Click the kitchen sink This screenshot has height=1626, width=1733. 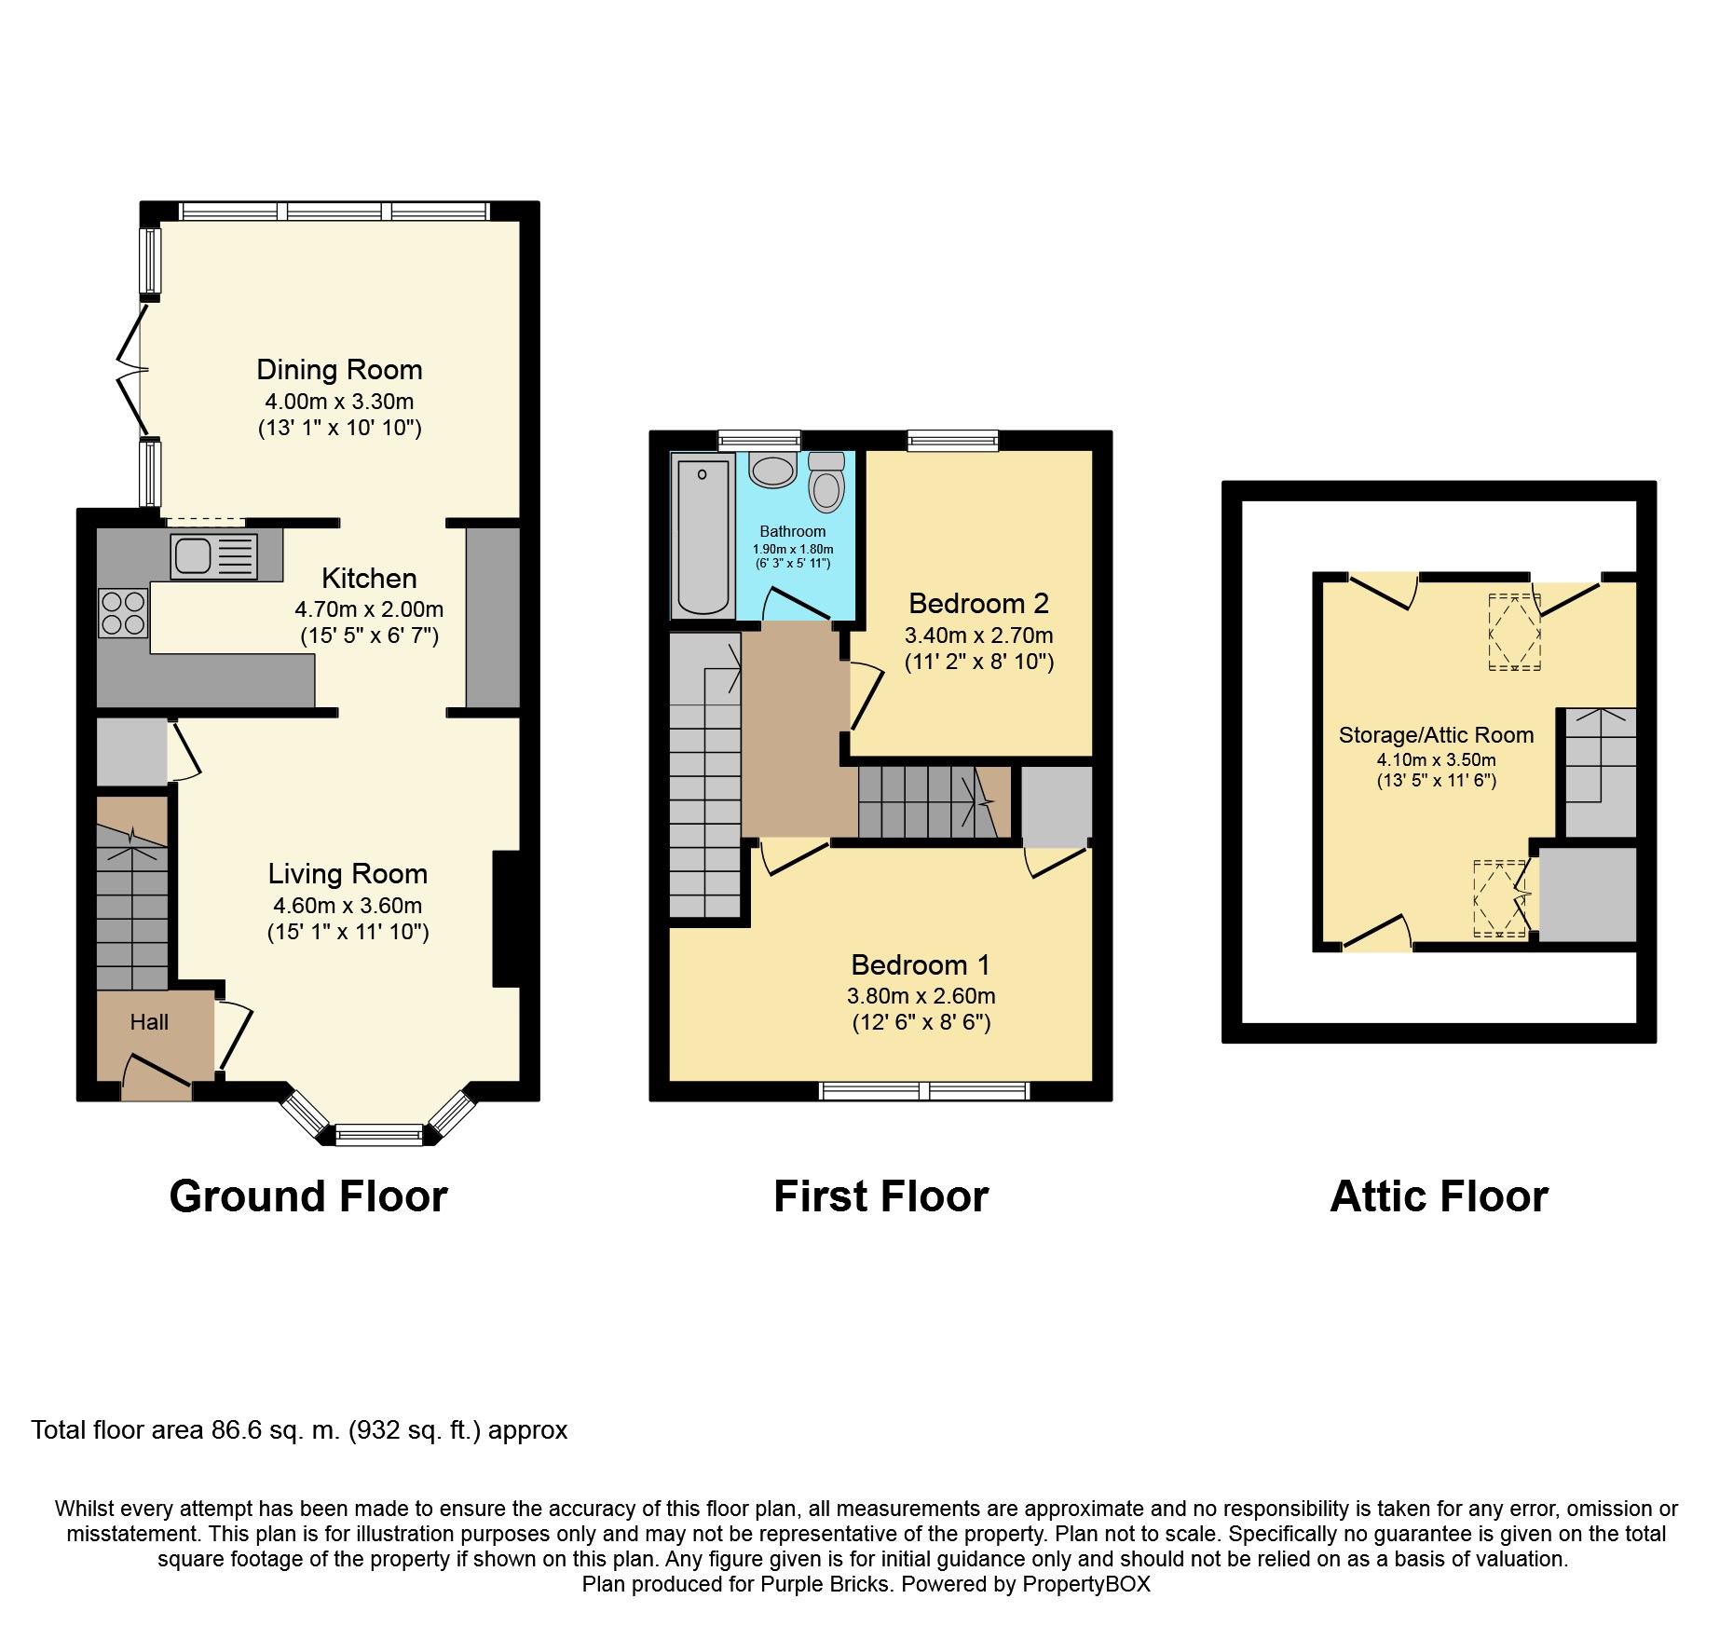(x=213, y=556)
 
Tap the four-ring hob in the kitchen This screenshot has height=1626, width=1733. (x=123, y=613)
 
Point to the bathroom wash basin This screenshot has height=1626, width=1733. (x=772, y=471)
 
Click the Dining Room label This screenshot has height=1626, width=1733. (x=339, y=370)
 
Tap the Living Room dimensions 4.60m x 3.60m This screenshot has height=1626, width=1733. (x=348, y=905)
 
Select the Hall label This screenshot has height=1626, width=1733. (x=149, y=1022)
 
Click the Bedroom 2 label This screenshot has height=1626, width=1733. (x=978, y=604)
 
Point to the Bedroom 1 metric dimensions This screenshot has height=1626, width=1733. (x=921, y=995)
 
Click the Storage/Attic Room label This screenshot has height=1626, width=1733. (x=1436, y=735)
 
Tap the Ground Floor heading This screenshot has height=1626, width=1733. (x=308, y=1196)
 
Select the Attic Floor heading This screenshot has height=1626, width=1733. (x=1439, y=1196)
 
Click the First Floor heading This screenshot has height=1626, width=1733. (x=880, y=1196)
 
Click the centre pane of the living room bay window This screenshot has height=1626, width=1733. (x=378, y=1134)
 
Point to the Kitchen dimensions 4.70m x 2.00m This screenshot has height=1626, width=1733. (x=369, y=609)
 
